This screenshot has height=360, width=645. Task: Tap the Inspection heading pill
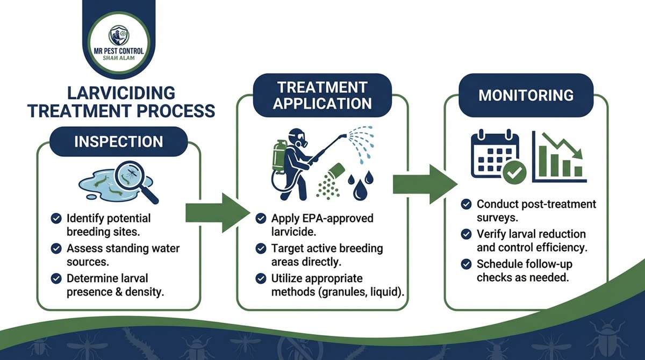coord(118,142)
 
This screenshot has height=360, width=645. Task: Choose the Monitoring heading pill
coord(526,96)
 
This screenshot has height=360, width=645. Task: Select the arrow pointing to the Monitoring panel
coord(425,184)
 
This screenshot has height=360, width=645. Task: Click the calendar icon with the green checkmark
coord(494,155)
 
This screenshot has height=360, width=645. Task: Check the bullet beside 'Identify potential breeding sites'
coord(55,219)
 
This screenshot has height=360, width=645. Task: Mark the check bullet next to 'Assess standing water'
coord(55,249)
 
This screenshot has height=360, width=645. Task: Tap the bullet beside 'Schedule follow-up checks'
coord(467,264)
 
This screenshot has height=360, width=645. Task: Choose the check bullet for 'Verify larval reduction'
coord(467,234)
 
